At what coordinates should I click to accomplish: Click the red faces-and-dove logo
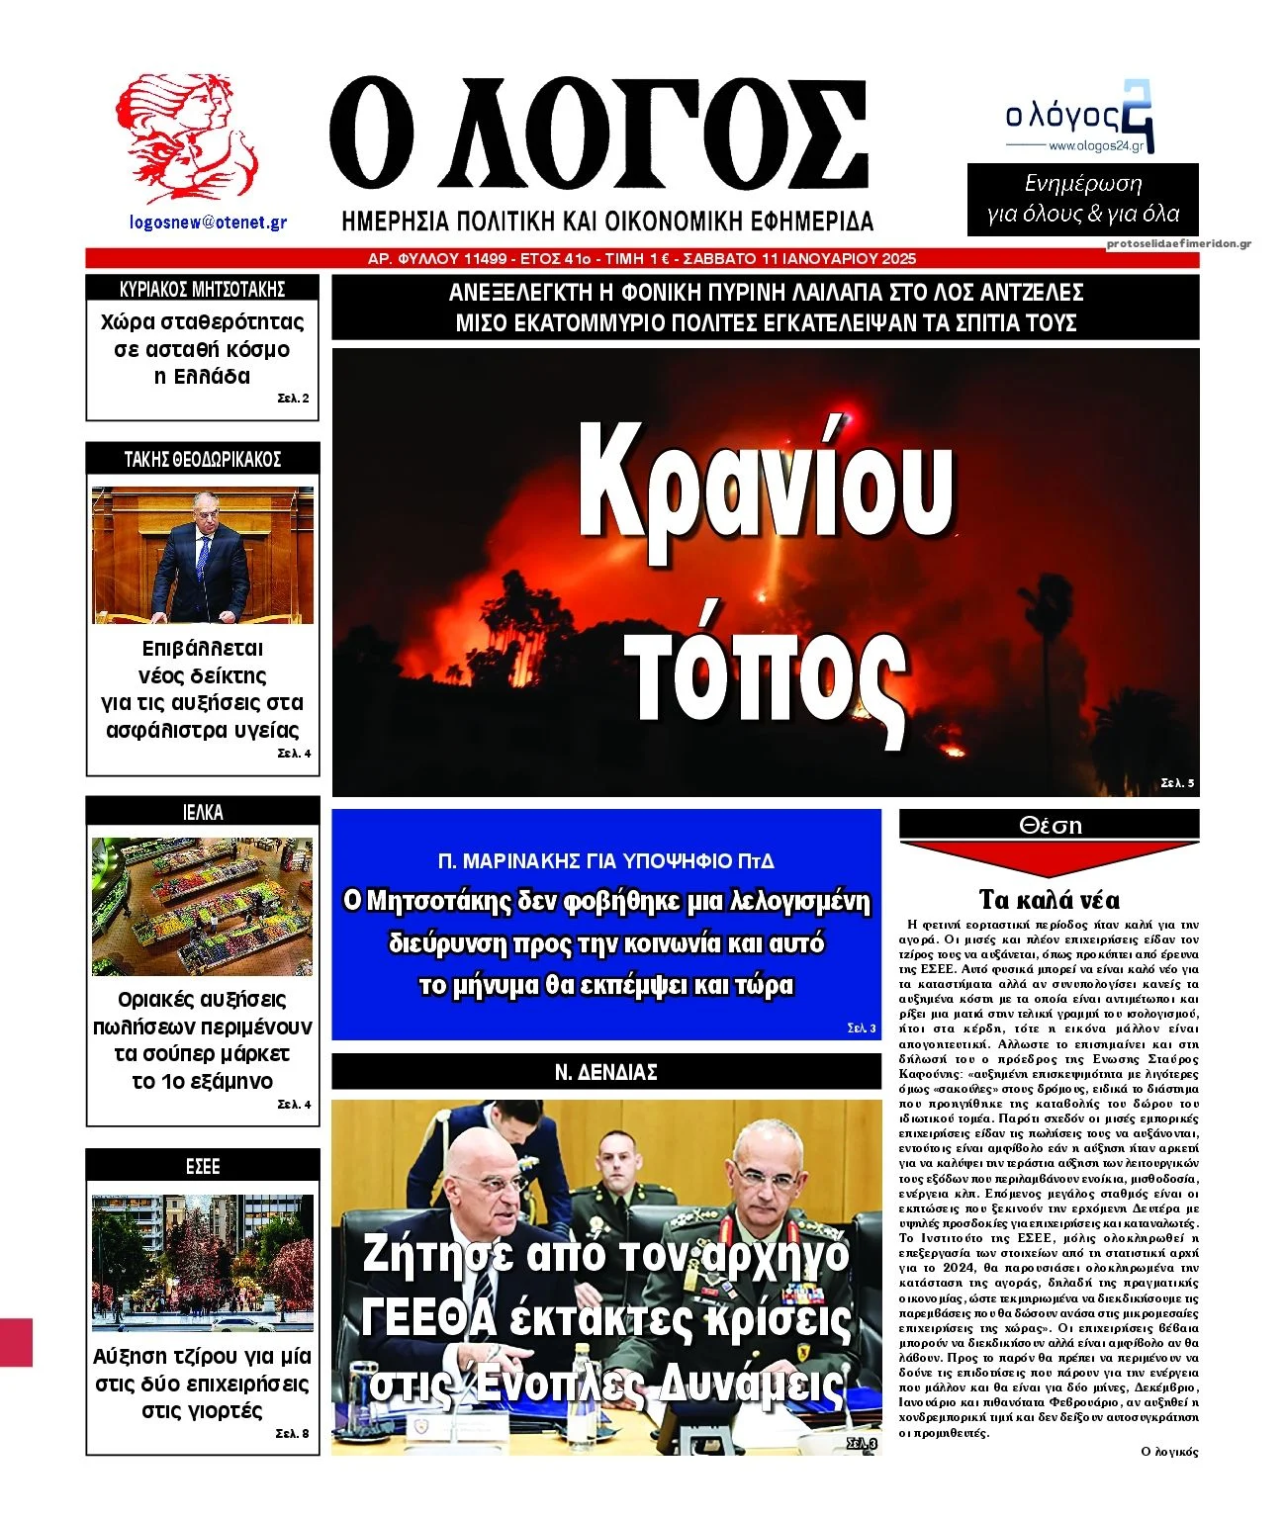[185, 138]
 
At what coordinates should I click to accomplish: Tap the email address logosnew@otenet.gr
[208, 223]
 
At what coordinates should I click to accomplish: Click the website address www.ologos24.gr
[1095, 146]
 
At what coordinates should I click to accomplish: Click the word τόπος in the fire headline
[769, 672]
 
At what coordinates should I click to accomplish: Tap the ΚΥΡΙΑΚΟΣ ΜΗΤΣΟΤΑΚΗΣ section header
[203, 290]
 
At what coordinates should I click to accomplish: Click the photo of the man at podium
[203, 556]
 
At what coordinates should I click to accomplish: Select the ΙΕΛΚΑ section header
[203, 812]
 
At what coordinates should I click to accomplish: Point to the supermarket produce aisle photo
[203, 907]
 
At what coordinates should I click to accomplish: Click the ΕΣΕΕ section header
[203, 1166]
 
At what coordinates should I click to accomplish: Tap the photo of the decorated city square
[203, 1262]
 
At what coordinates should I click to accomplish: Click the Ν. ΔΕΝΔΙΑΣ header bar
[605, 1072]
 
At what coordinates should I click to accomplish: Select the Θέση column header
[1050, 825]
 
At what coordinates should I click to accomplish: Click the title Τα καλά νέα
[1049, 900]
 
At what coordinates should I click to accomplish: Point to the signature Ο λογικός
[1168, 1452]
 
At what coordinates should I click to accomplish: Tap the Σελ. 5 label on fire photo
[1177, 783]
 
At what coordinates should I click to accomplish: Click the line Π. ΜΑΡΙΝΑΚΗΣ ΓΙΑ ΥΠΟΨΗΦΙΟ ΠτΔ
[605, 861]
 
